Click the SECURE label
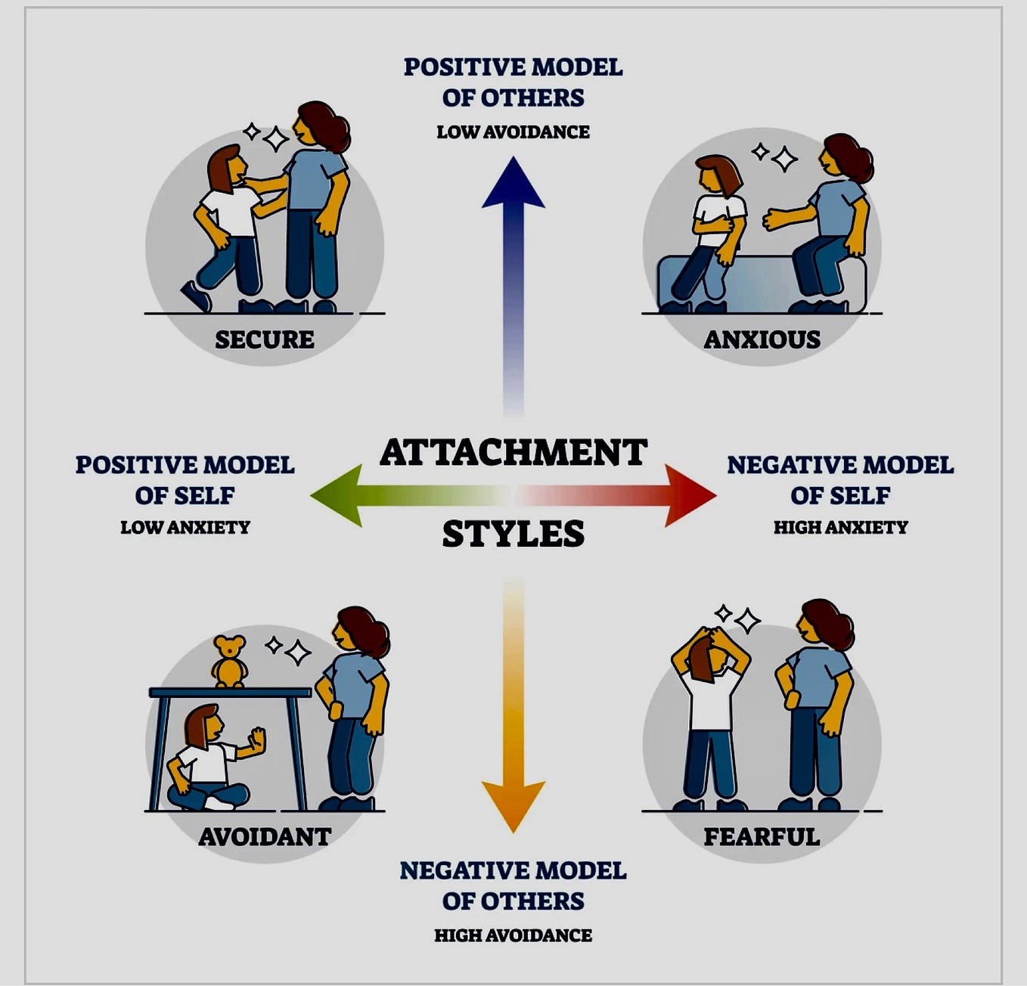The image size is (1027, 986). coord(265,340)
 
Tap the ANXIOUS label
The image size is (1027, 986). coord(762,340)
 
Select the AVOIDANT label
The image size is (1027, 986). coord(265,836)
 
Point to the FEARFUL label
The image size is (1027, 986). coord(762,836)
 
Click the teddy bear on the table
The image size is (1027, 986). coord(228,662)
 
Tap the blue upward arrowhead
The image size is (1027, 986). coord(513,185)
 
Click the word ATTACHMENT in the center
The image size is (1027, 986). coord(513,452)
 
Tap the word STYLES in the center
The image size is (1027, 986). coord(513,534)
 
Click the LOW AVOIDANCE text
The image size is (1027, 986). coord(513,132)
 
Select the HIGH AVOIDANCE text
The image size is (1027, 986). coord(513,935)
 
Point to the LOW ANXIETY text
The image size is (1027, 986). coord(185,527)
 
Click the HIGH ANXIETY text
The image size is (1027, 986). coord(840,527)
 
